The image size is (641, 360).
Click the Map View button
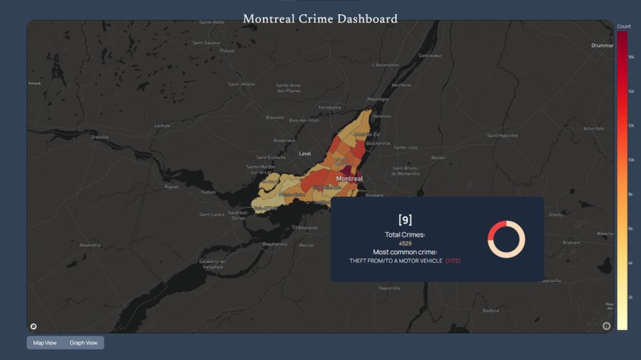tap(45, 343)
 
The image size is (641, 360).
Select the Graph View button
tap(84, 343)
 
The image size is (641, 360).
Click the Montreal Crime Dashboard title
tap(320, 18)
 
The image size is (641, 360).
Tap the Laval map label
tap(305, 153)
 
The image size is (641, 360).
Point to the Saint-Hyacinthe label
tap(503, 135)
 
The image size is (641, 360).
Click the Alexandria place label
tap(90, 246)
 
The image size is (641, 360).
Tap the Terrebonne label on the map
tap(329, 107)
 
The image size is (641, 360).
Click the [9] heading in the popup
tap(405, 219)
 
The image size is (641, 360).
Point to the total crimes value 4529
tap(405, 243)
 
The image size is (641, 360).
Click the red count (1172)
tap(453, 261)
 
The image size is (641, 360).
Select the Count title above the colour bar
tap(624, 26)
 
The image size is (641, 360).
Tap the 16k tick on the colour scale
tap(631, 57)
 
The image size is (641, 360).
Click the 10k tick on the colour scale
tap(631, 160)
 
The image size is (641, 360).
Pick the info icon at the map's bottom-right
tap(606, 326)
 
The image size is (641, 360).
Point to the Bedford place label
tap(491, 311)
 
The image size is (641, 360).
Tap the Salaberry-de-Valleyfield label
tap(213, 264)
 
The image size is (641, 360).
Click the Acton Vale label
tap(594, 128)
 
